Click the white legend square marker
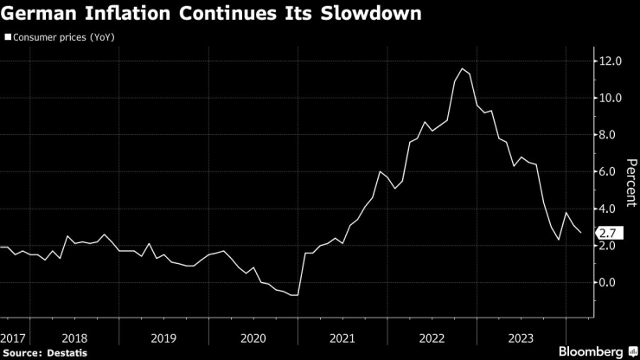pyautogui.click(x=7, y=39)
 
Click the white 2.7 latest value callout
pyautogui.click(x=607, y=233)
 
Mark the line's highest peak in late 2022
pyautogui.click(x=464, y=68)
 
